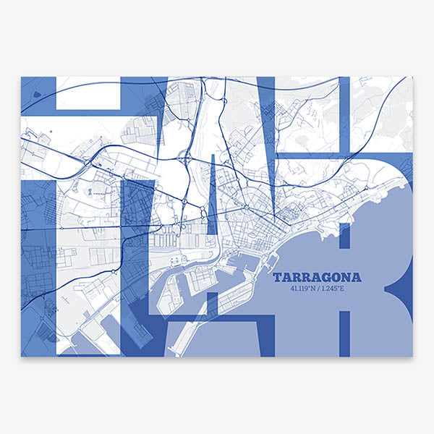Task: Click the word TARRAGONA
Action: click(318, 278)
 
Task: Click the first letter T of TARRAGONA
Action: click(278, 278)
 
